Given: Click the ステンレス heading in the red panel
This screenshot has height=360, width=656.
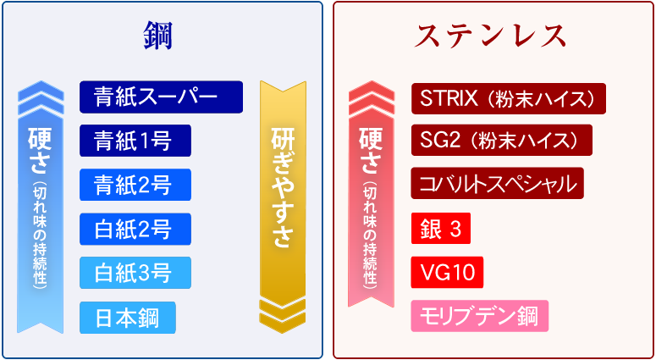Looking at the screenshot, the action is pyautogui.click(x=490, y=36).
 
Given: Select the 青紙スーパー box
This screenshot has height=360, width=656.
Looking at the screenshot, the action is pyautogui.click(x=161, y=97).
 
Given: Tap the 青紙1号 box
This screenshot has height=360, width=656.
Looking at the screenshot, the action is pyautogui.click(x=135, y=141).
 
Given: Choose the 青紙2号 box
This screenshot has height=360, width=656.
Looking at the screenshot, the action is pyautogui.click(x=135, y=185).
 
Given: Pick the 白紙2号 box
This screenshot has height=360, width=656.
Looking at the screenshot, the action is pyautogui.click(x=135, y=229).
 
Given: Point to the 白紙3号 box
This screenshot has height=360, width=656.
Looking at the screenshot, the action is pyautogui.click(x=135, y=273).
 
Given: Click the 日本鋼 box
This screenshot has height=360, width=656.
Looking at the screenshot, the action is pyautogui.click(x=128, y=318).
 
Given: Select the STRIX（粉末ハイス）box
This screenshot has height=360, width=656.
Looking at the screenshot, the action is pyautogui.click(x=509, y=98).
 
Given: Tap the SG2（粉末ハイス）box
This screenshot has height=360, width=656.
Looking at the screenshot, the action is pyautogui.click(x=502, y=141).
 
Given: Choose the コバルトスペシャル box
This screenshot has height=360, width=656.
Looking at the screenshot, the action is pyautogui.click(x=498, y=183).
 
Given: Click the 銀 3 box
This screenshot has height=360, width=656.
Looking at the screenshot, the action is pyautogui.click(x=440, y=228).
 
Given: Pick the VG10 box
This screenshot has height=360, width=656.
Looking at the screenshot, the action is pyautogui.click(x=447, y=273).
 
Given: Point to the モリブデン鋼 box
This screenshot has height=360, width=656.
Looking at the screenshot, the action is pyautogui.click(x=479, y=316).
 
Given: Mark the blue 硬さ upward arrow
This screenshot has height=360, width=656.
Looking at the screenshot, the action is pyautogui.click(x=41, y=208).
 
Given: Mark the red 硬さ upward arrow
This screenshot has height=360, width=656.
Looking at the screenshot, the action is pyautogui.click(x=371, y=194).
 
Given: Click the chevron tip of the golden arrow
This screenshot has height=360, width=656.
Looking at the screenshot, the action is pyautogui.click(x=283, y=334).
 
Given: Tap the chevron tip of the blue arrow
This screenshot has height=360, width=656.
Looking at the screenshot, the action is pyautogui.click(x=41, y=80).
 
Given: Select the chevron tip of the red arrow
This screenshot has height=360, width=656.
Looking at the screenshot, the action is pyautogui.click(x=371, y=80).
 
